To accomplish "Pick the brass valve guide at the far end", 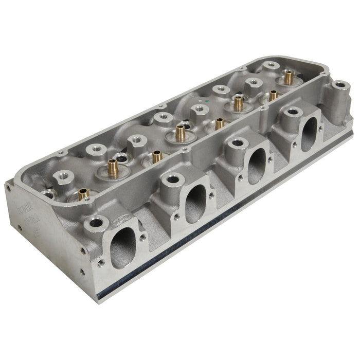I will click(288, 77).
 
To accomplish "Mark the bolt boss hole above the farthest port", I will click(293, 111).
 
